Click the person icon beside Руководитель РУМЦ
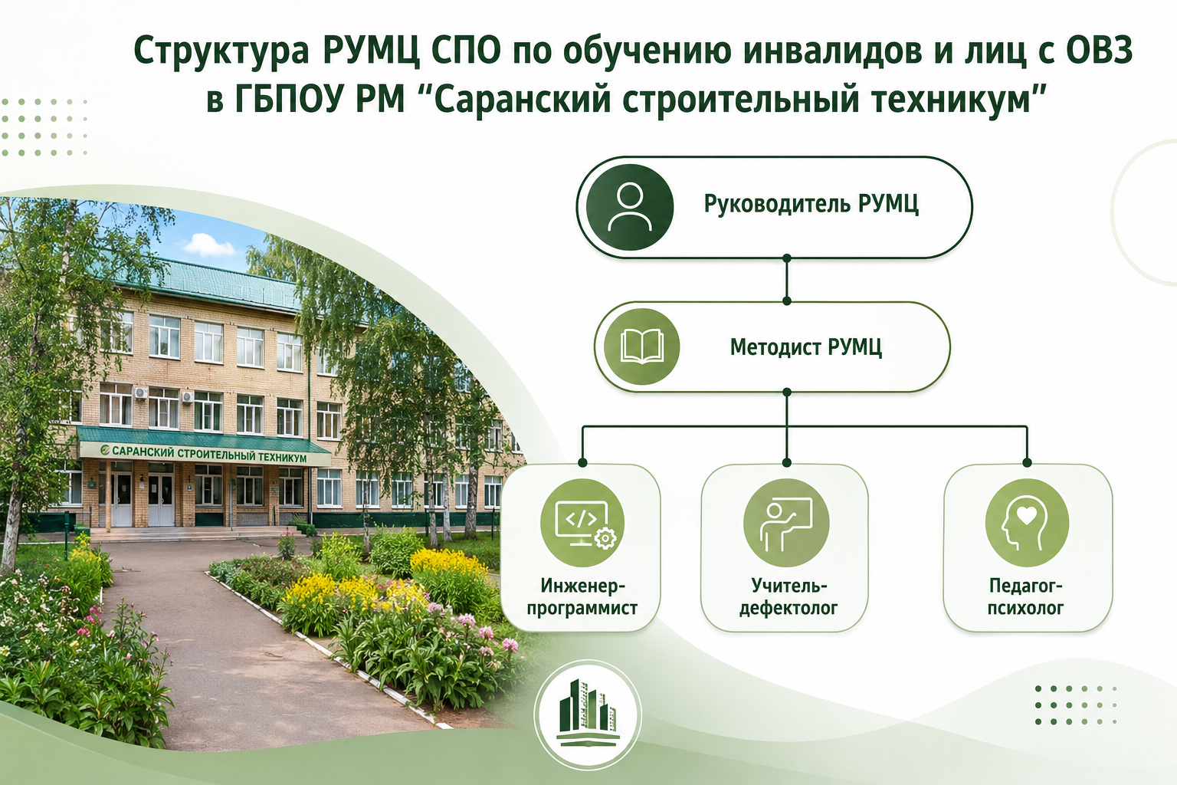pyautogui.click(x=629, y=207)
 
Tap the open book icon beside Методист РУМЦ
pyautogui.click(x=641, y=347)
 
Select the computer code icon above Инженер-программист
pyautogui.click(x=582, y=523)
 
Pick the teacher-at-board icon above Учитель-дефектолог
pyautogui.click(x=786, y=523)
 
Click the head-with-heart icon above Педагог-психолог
pyautogui.click(x=1027, y=523)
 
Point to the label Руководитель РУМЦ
pyautogui.click(x=811, y=204)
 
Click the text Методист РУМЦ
pyautogui.click(x=805, y=347)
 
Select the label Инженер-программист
pyautogui.click(x=582, y=596)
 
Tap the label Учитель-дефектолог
pyautogui.click(x=788, y=596)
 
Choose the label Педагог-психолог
pyautogui.click(x=1025, y=596)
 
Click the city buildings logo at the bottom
pyautogui.click(x=588, y=714)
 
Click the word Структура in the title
pyautogui.click(x=221, y=52)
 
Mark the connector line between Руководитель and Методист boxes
pyautogui.click(x=787, y=280)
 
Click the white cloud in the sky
pyautogui.click(x=208, y=245)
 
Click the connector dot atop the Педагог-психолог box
pyautogui.click(x=1028, y=463)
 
